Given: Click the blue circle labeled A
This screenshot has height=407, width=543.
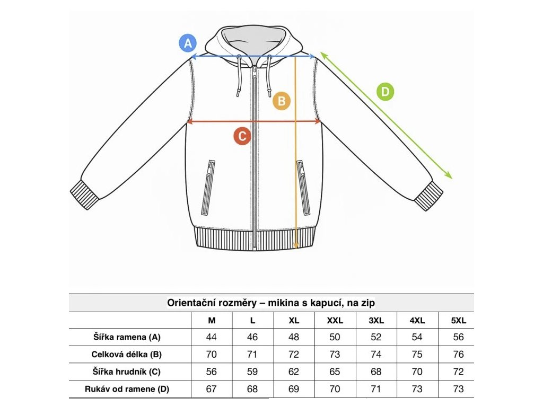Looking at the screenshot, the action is tap(188, 43).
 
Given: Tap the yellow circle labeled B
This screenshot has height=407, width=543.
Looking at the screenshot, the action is tap(282, 101).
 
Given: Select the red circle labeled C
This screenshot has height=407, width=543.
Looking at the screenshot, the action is tap(242, 136).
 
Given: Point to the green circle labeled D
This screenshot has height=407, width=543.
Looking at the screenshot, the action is tap(386, 92).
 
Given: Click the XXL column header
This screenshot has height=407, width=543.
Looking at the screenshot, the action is tap(335, 321).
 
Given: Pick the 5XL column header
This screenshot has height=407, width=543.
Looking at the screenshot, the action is tap(458, 321).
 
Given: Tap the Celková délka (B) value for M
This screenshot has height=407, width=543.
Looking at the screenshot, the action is tap(211, 355).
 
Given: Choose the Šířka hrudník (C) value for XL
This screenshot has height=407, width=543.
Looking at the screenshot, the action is tap(294, 371).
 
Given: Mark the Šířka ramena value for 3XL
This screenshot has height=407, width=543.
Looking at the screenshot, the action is tap(376, 337).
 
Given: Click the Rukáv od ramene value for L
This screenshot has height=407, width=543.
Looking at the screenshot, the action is tap(252, 389).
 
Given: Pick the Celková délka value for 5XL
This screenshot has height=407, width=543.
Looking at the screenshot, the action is tap(458, 355).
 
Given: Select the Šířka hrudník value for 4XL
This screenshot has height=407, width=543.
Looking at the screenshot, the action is tap(417, 371).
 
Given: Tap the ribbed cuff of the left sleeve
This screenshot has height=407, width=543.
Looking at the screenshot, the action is tap(85, 195).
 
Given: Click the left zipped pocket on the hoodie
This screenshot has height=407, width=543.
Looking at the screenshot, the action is tap(208, 187).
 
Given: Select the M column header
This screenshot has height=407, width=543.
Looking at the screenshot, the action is tap(212, 321).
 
